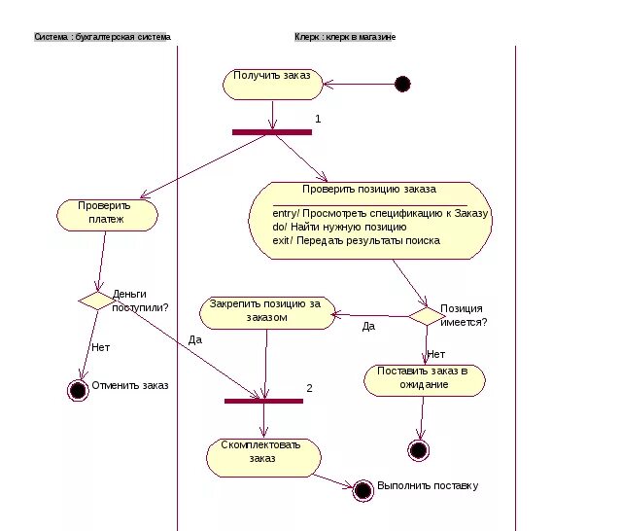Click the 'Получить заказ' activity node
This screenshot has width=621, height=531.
coord(273,85)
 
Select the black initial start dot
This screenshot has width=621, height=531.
coord(402,84)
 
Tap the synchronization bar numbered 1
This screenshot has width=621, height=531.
coord(272,132)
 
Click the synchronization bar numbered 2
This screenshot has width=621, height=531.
coord(263,401)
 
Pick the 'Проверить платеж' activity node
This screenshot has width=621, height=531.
coord(107,215)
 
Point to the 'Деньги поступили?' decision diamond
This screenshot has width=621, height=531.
coord(97,301)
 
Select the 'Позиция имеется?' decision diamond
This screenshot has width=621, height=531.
coord(427,316)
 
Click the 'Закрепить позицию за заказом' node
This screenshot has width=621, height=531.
coord(267,313)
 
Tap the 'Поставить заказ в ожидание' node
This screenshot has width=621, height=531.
coord(425,380)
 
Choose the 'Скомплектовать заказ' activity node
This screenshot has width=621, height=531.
coord(263,458)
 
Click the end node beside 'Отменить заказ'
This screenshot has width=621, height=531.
coord(78,390)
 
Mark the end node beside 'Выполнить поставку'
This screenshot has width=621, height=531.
coord(363,490)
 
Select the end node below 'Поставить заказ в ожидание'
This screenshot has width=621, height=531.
coord(418,450)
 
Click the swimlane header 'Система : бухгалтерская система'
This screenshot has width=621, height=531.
coord(103,37)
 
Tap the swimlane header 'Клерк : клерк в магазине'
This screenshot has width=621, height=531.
coord(345,37)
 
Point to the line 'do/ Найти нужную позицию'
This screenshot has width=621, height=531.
coord(339,227)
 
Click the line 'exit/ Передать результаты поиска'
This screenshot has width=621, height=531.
coord(356,240)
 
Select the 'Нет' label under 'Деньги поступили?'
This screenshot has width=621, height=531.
coord(101,347)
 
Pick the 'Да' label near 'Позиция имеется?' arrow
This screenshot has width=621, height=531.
coord(368,326)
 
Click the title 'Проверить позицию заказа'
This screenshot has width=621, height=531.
coord(369,189)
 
